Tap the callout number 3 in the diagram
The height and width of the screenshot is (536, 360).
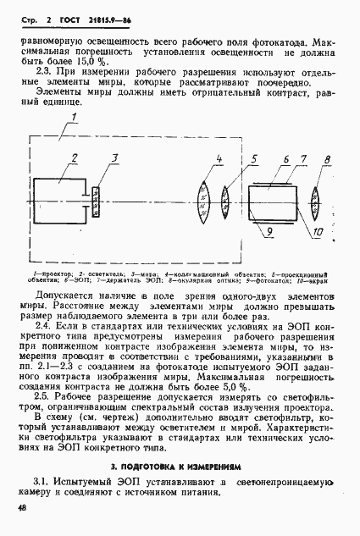114,158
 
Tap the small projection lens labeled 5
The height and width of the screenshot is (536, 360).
225,203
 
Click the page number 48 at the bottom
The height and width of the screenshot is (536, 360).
19,507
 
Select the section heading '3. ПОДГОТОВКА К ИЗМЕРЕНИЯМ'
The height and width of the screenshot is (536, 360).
179,466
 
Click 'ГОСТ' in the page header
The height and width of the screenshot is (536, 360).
61,17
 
